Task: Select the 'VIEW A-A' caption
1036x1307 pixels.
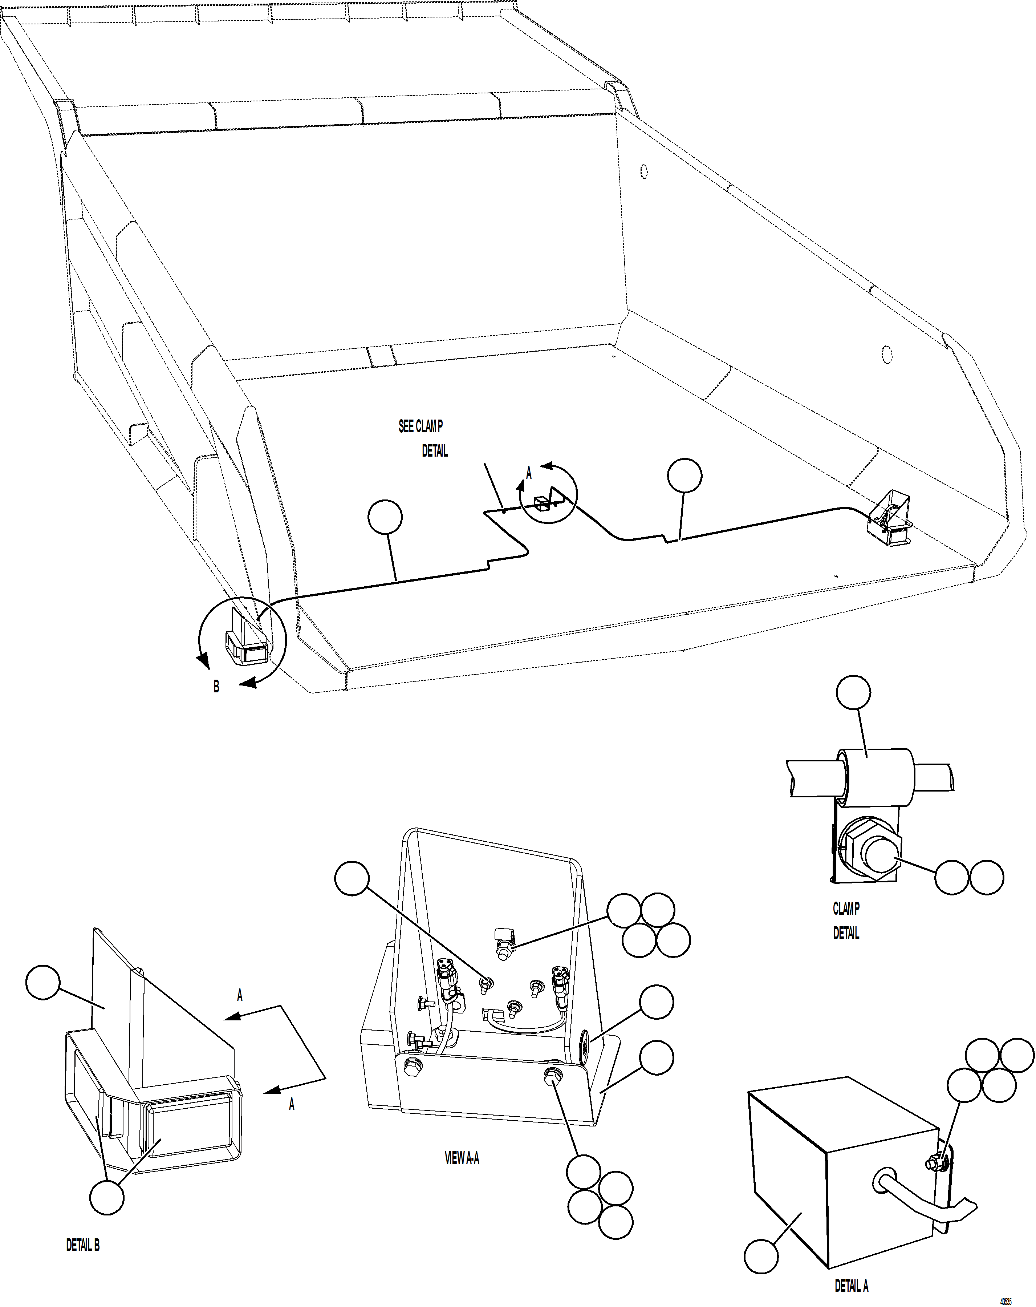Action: pos(462,1158)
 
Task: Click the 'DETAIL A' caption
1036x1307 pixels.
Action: pos(851,1286)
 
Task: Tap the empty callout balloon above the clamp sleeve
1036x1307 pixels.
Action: pos(853,692)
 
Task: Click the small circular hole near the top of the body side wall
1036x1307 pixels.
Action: pos(644,171)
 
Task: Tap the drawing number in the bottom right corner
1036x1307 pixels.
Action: pos(1006,1301)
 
